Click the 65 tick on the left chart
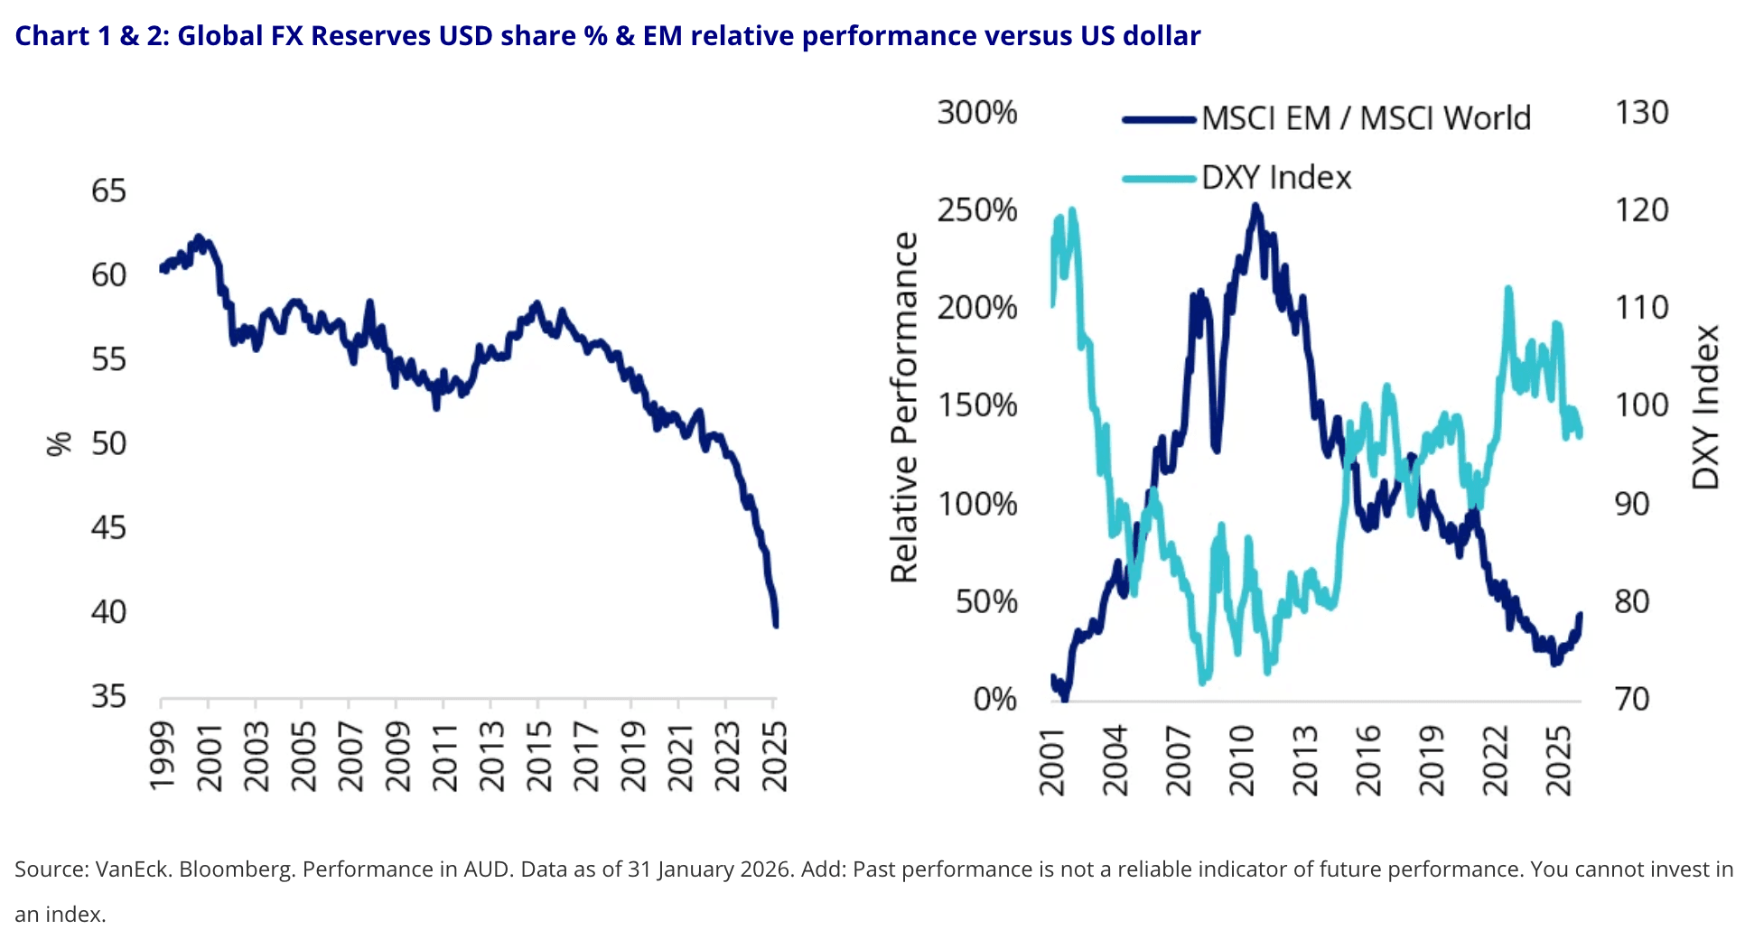(108, 191)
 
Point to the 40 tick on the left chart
(108, 611)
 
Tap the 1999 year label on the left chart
(163, 757)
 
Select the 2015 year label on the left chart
(539, 757)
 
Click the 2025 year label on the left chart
(775, 757)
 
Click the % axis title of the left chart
(59, 443)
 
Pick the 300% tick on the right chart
(976, 113)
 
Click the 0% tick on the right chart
(994, 699)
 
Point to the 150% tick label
(976, 405)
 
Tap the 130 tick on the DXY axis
(1641, 113)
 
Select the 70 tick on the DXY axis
(1632, 699)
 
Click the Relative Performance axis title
(904, 407)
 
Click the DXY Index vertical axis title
(1705, 407)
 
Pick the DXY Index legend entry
(1276, 178)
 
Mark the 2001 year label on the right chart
(1053, 760)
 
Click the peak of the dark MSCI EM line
(1255, 207)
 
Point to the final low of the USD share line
(776, 624)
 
